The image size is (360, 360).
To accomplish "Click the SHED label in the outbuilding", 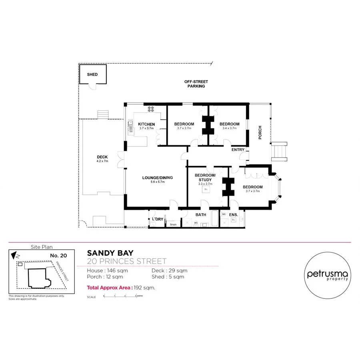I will point(92,74).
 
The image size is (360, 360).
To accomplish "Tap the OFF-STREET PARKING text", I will point(196,84).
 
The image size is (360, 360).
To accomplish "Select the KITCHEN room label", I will point(146,124).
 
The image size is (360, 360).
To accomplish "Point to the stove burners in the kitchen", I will point(151,108).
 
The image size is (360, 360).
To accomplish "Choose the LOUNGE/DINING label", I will point(158,178).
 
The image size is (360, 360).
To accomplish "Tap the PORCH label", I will point(260,133).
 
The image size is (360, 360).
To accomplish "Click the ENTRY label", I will point(238,150).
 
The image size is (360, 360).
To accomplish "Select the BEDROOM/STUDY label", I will point(205,178).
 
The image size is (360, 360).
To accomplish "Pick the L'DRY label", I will point(158,219).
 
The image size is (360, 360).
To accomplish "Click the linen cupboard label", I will point(173,224).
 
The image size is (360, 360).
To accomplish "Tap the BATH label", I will point(201,215).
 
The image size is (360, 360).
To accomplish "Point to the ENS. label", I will point(234,215).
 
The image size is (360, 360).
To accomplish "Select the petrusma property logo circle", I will point(327,275).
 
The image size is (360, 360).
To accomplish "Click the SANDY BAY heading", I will point(110,253).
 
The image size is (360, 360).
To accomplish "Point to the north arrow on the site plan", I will point(14,254).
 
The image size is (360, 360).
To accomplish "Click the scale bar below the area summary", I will point(120,296).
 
